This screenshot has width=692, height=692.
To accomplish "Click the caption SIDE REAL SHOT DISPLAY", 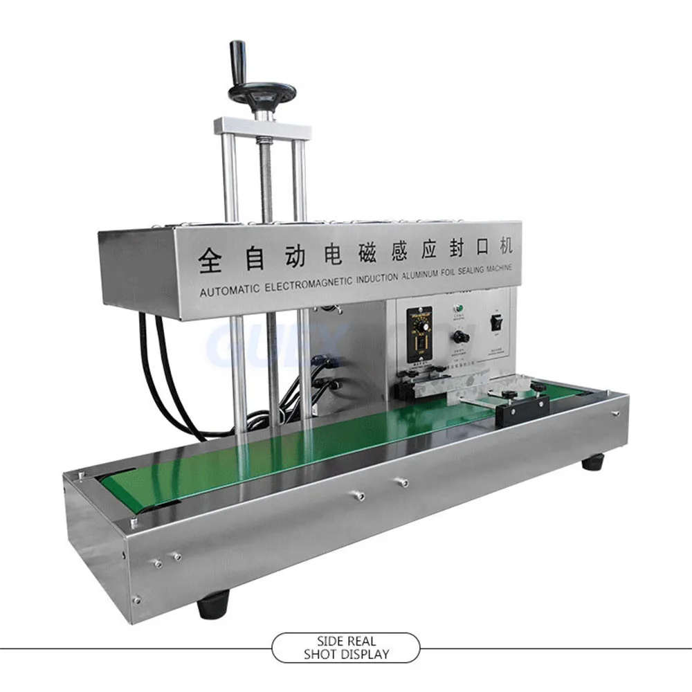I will tap(345, 647).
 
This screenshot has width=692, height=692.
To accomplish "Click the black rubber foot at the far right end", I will tap(592, 462).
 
